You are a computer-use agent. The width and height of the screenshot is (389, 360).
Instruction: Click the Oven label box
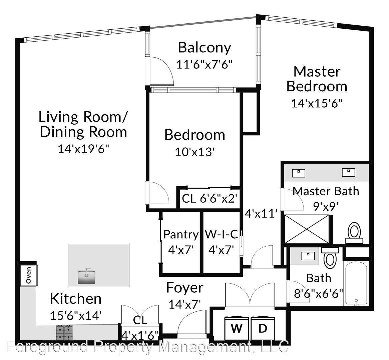pyautogui.click(x=29, y=275)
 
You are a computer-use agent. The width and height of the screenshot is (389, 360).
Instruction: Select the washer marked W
pyautogui.click(x=236, y=328)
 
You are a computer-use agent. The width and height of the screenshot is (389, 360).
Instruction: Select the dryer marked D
pyautogui.click(x=263, y=328)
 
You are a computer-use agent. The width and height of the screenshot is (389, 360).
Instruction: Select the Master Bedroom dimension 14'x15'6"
pyautogui.click(x=317, y=103)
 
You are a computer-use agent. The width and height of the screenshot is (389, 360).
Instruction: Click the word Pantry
pyautogui.click(x=180, y=234)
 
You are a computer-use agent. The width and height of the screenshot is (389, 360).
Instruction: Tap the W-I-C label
pyautogui.click(x=221, y=234)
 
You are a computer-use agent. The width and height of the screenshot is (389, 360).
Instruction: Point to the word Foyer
pyautogui.click(x=185, y=287)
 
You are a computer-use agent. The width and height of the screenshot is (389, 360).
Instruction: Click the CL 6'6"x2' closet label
pyautogui.click(x=210, y=199)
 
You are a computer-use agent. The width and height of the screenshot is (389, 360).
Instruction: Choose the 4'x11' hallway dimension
pyautogui.click(x=261, y=213)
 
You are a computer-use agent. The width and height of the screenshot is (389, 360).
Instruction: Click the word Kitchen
pyautogui.click(x=75, y=298)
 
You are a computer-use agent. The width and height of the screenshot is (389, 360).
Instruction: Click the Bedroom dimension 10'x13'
pyautogui.click(x=194, y=152)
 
